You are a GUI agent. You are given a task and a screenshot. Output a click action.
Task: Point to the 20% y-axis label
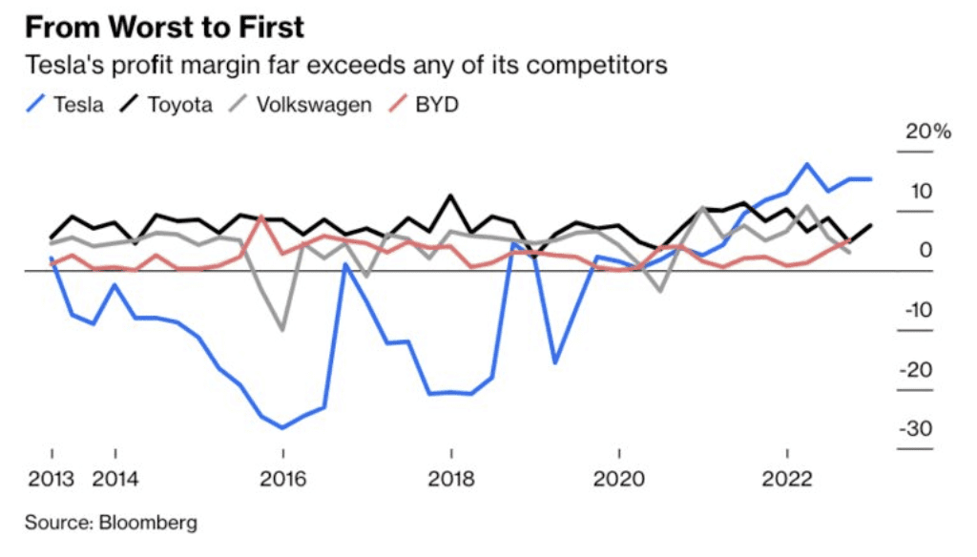click(928, 132)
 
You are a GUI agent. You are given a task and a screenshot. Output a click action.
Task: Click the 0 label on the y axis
click(926, 250)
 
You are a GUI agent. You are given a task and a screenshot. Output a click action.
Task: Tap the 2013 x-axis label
click(52, 479)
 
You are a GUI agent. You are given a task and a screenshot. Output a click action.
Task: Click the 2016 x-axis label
click(282, 479)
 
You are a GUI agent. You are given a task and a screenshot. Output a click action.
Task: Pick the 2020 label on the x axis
click(619, 479)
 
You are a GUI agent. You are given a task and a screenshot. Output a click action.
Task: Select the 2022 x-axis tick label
click(787, 479)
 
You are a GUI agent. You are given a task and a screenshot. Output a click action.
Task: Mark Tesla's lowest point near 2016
click(282, 427)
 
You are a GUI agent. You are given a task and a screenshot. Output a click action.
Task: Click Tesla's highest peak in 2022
click(808, 164)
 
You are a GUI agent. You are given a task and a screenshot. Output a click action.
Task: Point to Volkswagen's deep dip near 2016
click(282, 330)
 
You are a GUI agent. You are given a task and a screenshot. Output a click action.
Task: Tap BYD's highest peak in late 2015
click(261, 217)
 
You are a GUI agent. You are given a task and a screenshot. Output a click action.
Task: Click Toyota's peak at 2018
click(450, 196)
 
